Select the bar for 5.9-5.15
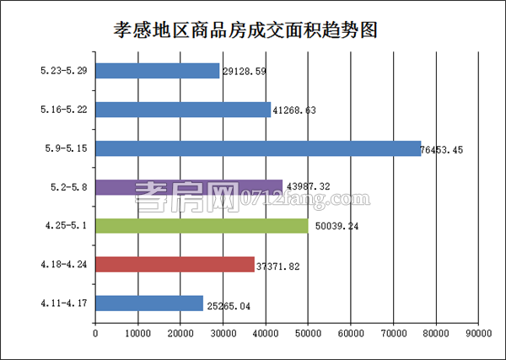tap(258, 148)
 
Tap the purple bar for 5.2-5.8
tap(189, 187)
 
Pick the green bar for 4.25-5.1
tap(202, 226)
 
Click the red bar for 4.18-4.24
tap(175, 265)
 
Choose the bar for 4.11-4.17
tap(149, 303)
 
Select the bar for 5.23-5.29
tap(158, 71)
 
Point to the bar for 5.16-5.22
tap(183, 110)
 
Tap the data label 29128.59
tap(245, 73)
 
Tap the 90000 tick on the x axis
tap(478, 334)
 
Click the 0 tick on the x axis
tap(95, 334)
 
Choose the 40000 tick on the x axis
tap(266, 334)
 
